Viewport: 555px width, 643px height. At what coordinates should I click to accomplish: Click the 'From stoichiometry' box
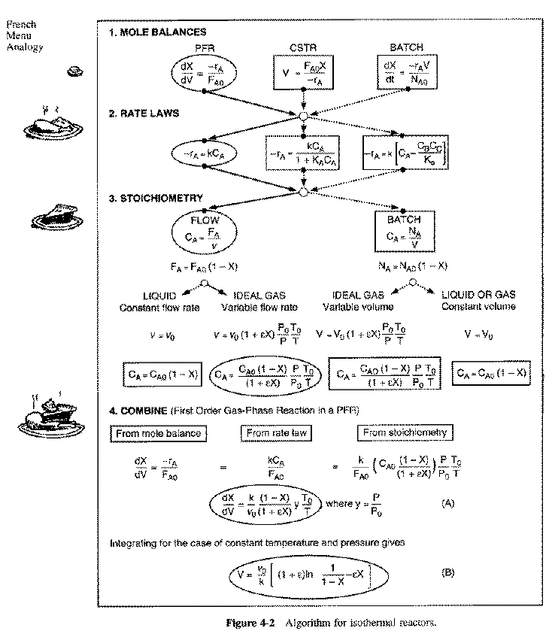pyautogui.click(x=405, y=432)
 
